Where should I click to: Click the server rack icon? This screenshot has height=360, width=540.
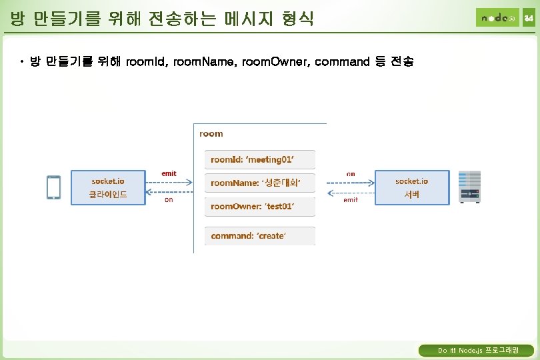tap(469, 187)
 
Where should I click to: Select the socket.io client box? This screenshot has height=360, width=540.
tap(108, 187)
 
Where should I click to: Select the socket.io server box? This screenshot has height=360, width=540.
tap(412, 187)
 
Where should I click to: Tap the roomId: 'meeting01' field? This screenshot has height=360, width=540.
tap(260, 160)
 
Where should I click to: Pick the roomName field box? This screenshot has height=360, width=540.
tap(260, 183)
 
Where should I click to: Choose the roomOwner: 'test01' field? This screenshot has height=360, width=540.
tap(260, 207)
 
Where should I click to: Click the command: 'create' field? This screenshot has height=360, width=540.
tap(260, 236)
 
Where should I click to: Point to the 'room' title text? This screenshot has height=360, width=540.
tap(211, 134)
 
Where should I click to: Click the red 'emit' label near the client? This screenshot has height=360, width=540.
tap(169, 173)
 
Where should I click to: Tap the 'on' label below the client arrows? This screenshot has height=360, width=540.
tap(169, 200)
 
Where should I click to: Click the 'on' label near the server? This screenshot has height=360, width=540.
tap(351, 174)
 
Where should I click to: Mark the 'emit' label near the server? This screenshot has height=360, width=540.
tap(351, 199)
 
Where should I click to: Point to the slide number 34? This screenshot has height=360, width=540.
tap(528, 18)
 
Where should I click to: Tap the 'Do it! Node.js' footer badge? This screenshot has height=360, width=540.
tap(475, 351)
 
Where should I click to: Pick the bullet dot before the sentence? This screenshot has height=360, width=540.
tap(21, 62)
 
